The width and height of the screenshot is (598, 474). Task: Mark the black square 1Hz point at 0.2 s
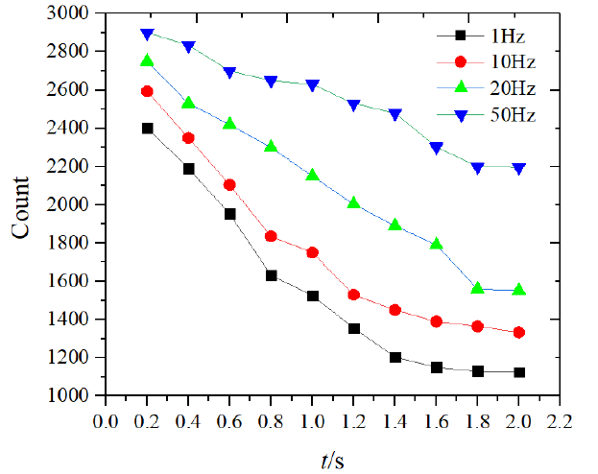coord(148,128)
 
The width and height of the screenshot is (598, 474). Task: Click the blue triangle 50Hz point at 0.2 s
coord(147,34)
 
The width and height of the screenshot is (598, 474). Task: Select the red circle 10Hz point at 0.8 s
coord(271,236)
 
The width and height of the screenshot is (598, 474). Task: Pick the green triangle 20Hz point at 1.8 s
coord(477,288)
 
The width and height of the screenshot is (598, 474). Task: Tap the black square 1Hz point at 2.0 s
coord(519,372)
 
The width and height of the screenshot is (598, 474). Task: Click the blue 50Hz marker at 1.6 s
coord(437,148)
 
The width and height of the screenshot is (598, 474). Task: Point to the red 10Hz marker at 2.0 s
coord(519,332)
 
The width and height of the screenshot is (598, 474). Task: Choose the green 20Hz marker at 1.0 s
coord(312,175)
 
